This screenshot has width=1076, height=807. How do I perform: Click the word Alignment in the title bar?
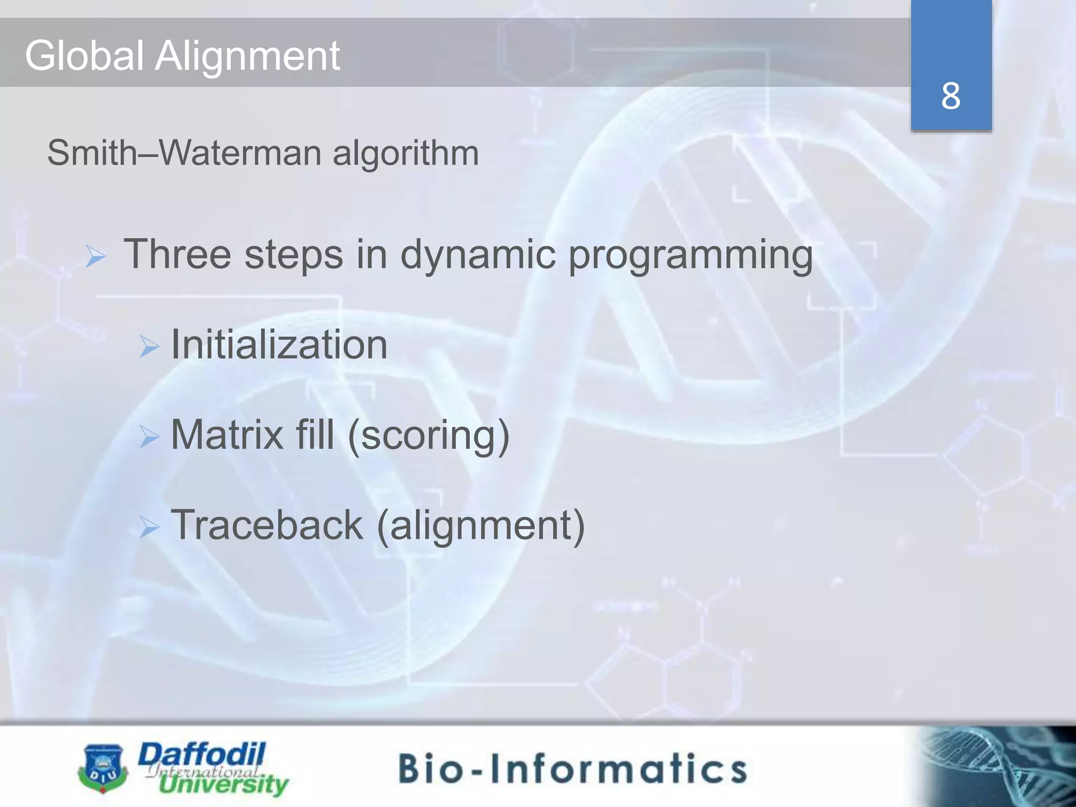247,56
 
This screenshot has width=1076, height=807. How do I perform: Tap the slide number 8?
950,96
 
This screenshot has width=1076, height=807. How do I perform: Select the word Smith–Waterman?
184,153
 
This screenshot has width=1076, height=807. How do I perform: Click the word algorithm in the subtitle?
406,153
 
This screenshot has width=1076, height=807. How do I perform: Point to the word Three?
177,254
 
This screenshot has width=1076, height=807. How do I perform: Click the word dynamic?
478,255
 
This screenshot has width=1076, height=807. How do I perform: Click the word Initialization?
279,344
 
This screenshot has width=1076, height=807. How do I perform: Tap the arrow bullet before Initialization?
149,347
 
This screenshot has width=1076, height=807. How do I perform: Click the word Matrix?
227,434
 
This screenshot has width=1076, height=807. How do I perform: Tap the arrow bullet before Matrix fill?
149,437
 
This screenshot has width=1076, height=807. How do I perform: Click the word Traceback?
267,524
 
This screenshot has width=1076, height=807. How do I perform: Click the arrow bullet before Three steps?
96,257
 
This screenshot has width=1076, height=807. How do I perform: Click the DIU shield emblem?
102,768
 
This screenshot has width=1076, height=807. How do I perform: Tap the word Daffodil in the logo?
202,755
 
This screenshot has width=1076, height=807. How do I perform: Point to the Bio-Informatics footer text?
572,768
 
